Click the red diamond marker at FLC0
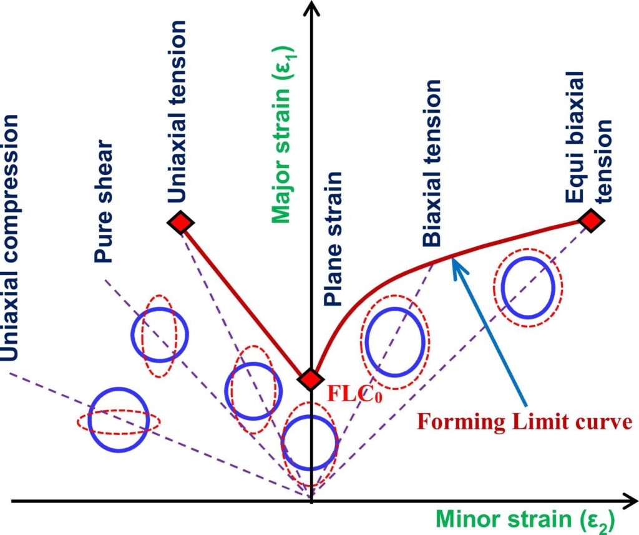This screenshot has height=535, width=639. click(310, 379)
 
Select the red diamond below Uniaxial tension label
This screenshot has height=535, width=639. click(180, 222)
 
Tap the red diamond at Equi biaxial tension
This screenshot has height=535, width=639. click(590, 220)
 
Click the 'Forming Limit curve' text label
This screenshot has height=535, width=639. click(524, 422)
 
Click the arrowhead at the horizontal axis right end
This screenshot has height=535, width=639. click(628, 501)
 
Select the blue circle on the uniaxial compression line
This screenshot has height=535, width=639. click(119, 419)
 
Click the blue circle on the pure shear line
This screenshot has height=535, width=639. click(160, 335)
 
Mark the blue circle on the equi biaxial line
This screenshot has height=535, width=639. click(529, 286)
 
